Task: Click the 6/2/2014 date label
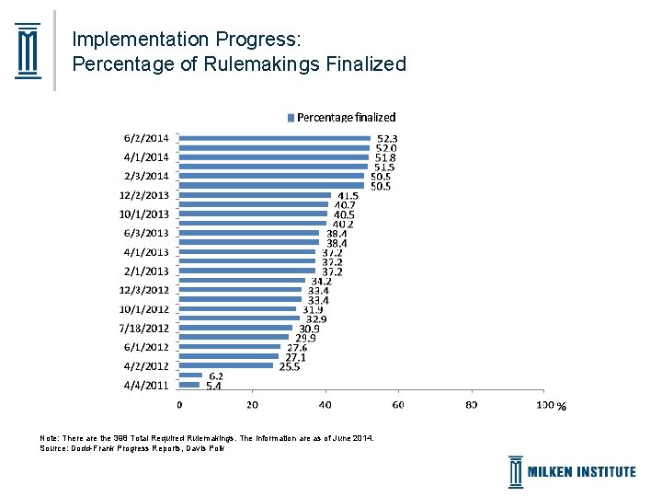click(146, 138)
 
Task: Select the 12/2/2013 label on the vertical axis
click(143, 195)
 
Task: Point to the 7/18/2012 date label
click(143, 328)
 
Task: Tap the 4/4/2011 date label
click(146, 386)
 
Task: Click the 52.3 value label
click(387, 138)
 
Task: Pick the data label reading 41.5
click(348, 195)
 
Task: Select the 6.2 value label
click(216, 376)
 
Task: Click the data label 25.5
click(290, 366)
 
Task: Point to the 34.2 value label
click(321, 281)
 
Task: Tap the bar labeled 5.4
click(189, 385)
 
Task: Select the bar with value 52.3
click(274, 138)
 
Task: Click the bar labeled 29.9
click(234, 337)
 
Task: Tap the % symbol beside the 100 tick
click(561, 406)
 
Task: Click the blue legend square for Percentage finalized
click(291, 117)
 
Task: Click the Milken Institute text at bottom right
click(581, 472)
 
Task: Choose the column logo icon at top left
click(29, 50)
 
